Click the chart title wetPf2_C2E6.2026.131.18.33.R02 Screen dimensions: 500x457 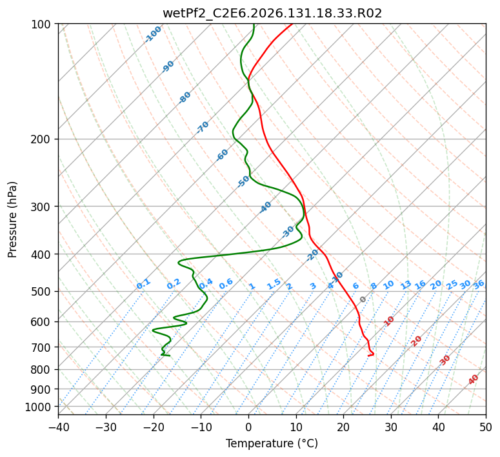(x=272, y=13)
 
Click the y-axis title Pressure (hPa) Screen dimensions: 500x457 (x=12, y=219)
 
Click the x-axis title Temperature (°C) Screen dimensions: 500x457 (x=272, y=443)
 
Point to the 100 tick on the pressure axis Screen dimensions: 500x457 (x=43, y=25)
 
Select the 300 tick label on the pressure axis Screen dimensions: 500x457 (x=43, y=207)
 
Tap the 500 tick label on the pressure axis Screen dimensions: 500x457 (x=43, y=292)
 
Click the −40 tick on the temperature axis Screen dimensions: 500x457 (x=58, y=427)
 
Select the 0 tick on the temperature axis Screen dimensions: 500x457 (x=249, y=427)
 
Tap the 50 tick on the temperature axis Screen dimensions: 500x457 (x=486, y=427)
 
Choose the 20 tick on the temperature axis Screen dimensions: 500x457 (x=343, y=427)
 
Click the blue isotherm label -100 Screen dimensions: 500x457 (x=153, y=34)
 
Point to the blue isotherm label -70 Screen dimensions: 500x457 (x=203, y=127)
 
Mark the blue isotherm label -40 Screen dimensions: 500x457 (x=265, y=207)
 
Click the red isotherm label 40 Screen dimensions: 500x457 (x=473, y=380)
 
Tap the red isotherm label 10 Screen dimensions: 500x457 (x=389, y=321)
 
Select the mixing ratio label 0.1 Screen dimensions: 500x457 (x=143, y=284)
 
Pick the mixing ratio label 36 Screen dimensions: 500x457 (x=479, y=285)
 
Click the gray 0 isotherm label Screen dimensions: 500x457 (x=363, y=300)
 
